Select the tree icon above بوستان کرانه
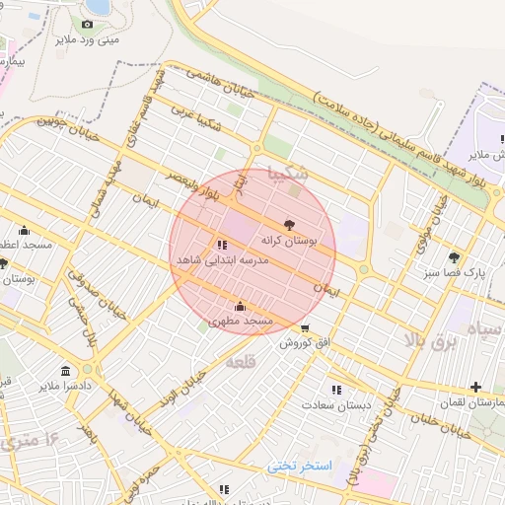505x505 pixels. coord(288,224)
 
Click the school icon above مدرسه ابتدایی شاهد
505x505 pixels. coord(221,244)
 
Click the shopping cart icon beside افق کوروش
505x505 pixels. coord(305,328)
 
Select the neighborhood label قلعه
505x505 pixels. coord(241,363)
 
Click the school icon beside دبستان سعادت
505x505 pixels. coord(336,390)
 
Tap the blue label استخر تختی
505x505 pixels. coord(302,465)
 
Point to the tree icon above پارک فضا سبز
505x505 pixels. coord(454,256)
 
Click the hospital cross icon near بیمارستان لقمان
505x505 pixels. coord(476,387)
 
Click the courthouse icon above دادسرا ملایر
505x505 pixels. coord(65,371)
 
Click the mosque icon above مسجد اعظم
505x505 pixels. coord(25,230)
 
